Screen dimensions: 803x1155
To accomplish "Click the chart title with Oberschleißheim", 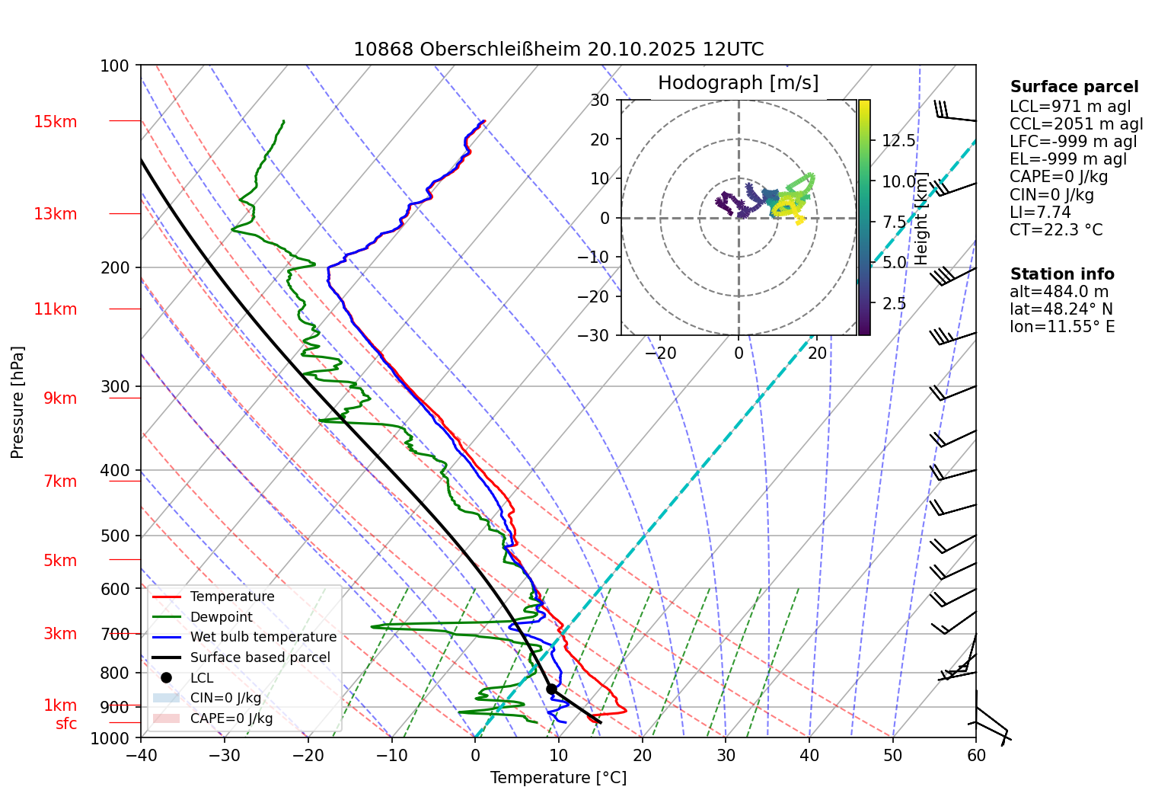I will pos(558,50).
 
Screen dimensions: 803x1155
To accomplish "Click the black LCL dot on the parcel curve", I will pos(551,689).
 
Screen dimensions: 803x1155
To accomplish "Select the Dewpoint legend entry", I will pos(221,617).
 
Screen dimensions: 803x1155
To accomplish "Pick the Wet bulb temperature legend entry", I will pos(263,637).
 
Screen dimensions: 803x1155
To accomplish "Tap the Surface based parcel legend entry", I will pos(260,657).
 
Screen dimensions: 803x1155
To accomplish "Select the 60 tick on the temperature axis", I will pos(975,756).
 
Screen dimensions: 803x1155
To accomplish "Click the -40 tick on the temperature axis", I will pos(141,756).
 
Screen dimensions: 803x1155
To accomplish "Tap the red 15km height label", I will pos(55,122).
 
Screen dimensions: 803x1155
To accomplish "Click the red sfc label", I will pos(66,724).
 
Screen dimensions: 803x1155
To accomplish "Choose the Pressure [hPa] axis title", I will pos(18,402).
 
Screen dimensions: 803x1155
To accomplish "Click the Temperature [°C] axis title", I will pos(558,778).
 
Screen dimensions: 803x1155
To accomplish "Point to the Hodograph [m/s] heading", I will pos(738,83).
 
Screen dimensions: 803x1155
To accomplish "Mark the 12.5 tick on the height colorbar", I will pos(898,141).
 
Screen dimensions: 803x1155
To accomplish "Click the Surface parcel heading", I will pos(1074,87).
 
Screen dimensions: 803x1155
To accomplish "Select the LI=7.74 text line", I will pos(1040,213).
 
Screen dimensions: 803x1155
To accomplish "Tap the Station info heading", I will pos(1061,274).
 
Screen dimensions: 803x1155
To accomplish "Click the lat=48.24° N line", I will pos(1061,309).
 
